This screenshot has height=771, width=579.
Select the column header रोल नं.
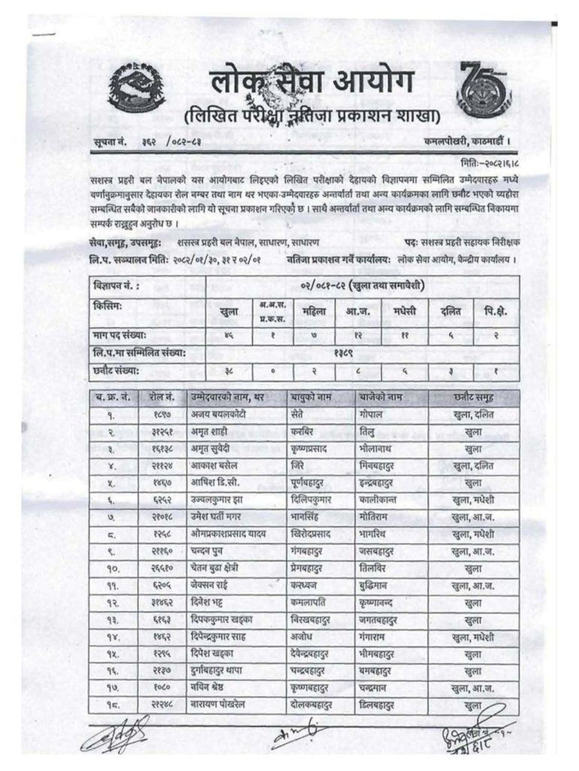tap(164, 395)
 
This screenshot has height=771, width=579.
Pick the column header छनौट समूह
tap(473, 395)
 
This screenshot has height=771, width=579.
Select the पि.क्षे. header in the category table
tap(495, 309)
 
